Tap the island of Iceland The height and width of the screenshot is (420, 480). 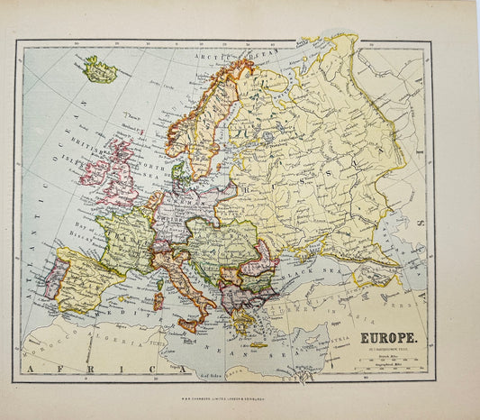pos(99,69)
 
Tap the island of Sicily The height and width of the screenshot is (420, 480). pos(190,323)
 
